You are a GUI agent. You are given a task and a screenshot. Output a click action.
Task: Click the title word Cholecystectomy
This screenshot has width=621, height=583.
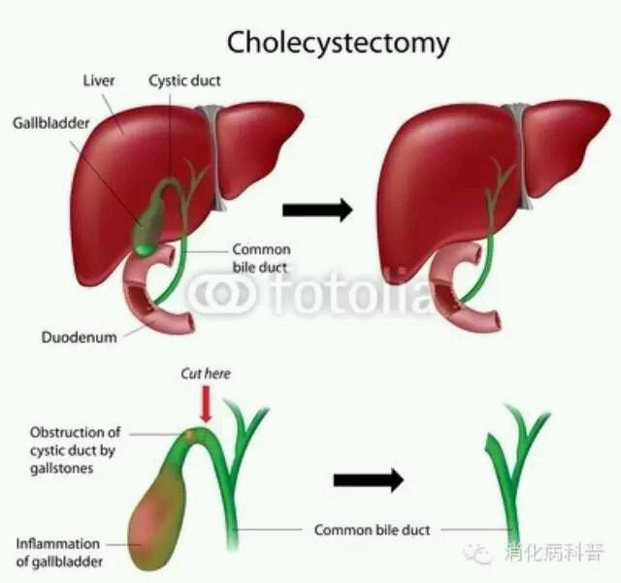click(x=339, y=44)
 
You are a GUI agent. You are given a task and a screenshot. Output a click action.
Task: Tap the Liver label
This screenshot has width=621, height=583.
click(x=99, y=81)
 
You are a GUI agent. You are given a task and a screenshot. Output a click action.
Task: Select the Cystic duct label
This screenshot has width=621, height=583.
click(x=184, y=81)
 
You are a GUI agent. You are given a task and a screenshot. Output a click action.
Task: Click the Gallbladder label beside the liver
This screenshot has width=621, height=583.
click(x=51, y=123)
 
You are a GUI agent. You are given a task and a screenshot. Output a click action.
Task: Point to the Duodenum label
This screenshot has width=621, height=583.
click(x=80, y=338)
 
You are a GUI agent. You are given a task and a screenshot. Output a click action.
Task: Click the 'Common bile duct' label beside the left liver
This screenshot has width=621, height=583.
click(x=261, y=258)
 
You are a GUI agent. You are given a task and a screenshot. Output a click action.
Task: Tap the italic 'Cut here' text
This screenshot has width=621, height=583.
click(x=206, y=373)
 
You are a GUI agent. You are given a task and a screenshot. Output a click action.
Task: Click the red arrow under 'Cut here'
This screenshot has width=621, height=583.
click(x=206, y=404)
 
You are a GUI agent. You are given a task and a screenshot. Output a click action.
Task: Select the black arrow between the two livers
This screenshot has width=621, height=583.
click(x=317, y=210)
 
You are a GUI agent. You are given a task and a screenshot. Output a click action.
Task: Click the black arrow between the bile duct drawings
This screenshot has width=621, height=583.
click(x=369, y=480)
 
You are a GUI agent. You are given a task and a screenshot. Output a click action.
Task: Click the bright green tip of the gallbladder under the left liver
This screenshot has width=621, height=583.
click(x=145, y=249)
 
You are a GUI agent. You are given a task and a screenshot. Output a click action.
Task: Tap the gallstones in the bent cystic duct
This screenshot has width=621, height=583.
click(x=195, y=435)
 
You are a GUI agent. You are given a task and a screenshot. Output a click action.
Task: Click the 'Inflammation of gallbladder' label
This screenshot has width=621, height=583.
click(x=58, y=553)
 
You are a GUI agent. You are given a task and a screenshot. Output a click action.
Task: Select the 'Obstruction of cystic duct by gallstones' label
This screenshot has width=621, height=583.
click(x=76, y=450)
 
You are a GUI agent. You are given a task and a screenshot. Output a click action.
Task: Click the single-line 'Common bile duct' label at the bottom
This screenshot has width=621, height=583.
click(x=372, y=530)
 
